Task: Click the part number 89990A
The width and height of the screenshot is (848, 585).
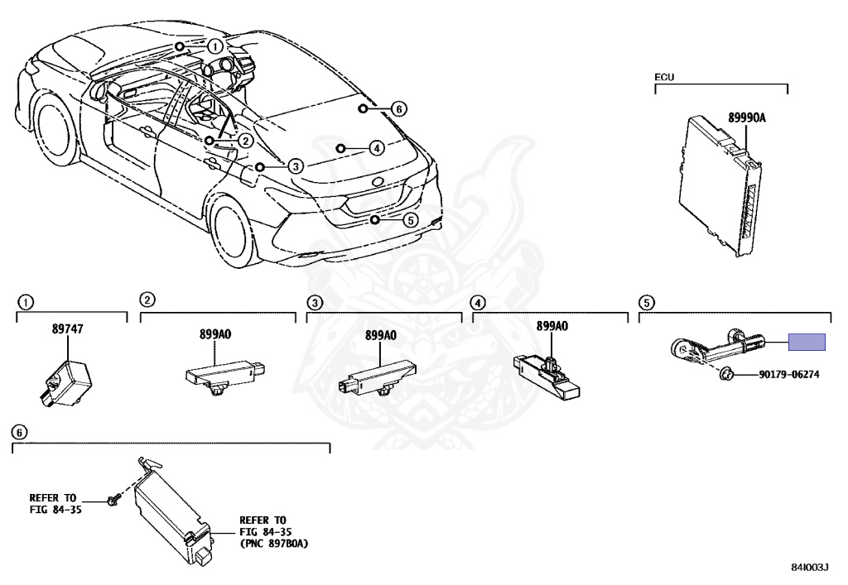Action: click(747, 118)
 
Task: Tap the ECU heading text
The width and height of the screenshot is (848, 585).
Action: click(665, 77)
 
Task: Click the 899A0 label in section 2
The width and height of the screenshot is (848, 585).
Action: click(215, 334)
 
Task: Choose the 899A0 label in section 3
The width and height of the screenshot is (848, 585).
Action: click(381, 336)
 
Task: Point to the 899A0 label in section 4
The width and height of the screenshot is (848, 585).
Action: click(552, 326)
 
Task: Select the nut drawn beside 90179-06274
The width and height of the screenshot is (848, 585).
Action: click(725, 373)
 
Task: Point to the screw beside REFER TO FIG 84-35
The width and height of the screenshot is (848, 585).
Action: click(114, 501)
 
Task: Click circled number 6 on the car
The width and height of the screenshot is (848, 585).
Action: click(397, 108)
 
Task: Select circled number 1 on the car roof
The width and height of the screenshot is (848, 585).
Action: click(214, 46)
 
